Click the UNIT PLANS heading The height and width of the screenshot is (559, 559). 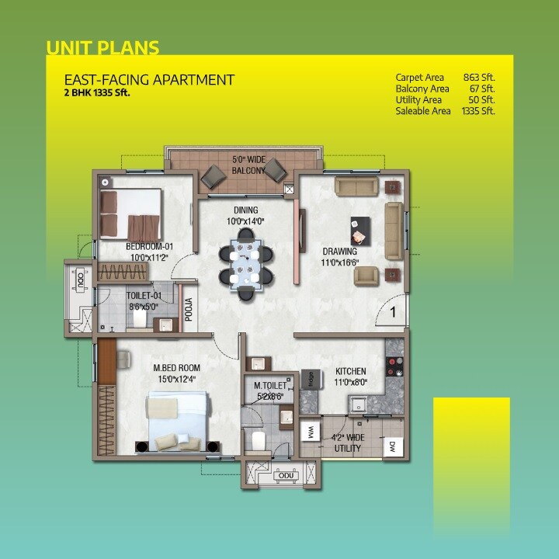(x=102, y=48)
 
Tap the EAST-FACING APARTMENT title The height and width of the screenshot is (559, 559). (x=149, y=80)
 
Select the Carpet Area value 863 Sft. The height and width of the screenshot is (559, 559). (x=478, y=78)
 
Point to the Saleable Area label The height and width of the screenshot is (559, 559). (x=423, y=111)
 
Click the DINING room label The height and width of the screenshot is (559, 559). (x=246, y=210)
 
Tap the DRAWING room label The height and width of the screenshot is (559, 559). (x=340, y=252)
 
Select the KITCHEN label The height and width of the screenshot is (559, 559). (x=350, y=371)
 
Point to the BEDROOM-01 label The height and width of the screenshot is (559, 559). (x=149, y=248)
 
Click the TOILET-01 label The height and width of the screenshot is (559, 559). (x=144, y=296)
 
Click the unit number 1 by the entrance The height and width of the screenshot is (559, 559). (x=393, y=313)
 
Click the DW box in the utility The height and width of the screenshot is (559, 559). (x=392, y=446)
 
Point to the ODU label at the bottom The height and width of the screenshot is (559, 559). (x=279, y=476)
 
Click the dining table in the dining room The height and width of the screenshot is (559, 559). (x=246, y=263)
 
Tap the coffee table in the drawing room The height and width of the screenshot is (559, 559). (x=360, y=230)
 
